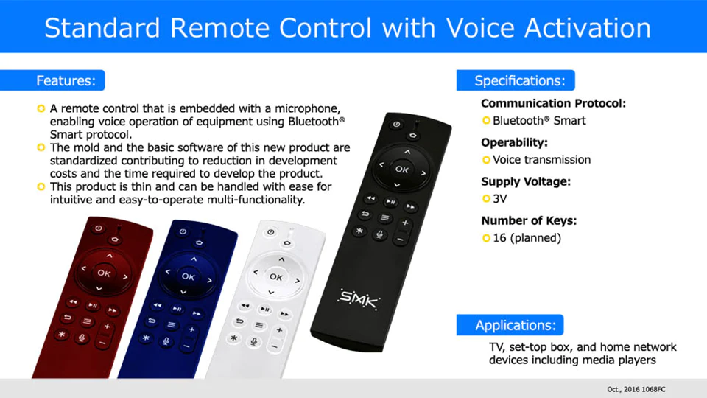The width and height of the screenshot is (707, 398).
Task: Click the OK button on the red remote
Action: click(104, 273)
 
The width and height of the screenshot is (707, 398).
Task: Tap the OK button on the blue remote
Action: click(188, 276)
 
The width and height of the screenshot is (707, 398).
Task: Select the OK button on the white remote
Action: click(276, 276)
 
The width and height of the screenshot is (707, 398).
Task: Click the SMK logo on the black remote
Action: click(359, 298)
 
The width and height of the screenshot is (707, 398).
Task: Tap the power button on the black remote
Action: click(396, 124)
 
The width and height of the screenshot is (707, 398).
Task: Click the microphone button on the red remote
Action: click(82, 338)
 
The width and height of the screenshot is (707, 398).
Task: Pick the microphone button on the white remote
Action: click(254, 341)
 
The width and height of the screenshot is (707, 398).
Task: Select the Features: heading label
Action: click(66, 81)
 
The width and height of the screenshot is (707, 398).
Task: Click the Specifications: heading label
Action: click(520, 81)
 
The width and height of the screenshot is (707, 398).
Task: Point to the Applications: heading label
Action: click(516, 325)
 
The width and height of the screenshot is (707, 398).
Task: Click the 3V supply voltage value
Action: click(499, 198)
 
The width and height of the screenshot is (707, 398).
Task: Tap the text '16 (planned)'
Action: click(527, 238)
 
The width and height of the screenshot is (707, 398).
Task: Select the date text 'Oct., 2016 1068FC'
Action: click(636, 389)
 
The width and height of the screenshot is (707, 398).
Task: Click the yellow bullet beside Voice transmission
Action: click(486, 160)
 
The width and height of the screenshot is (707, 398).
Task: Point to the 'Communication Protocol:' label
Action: click(553, 103)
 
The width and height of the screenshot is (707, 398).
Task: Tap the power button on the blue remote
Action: click(183, 231)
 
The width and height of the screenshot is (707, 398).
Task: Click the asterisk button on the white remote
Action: click(233, 338)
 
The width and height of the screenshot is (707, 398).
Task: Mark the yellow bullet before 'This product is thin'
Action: click(41, 186)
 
